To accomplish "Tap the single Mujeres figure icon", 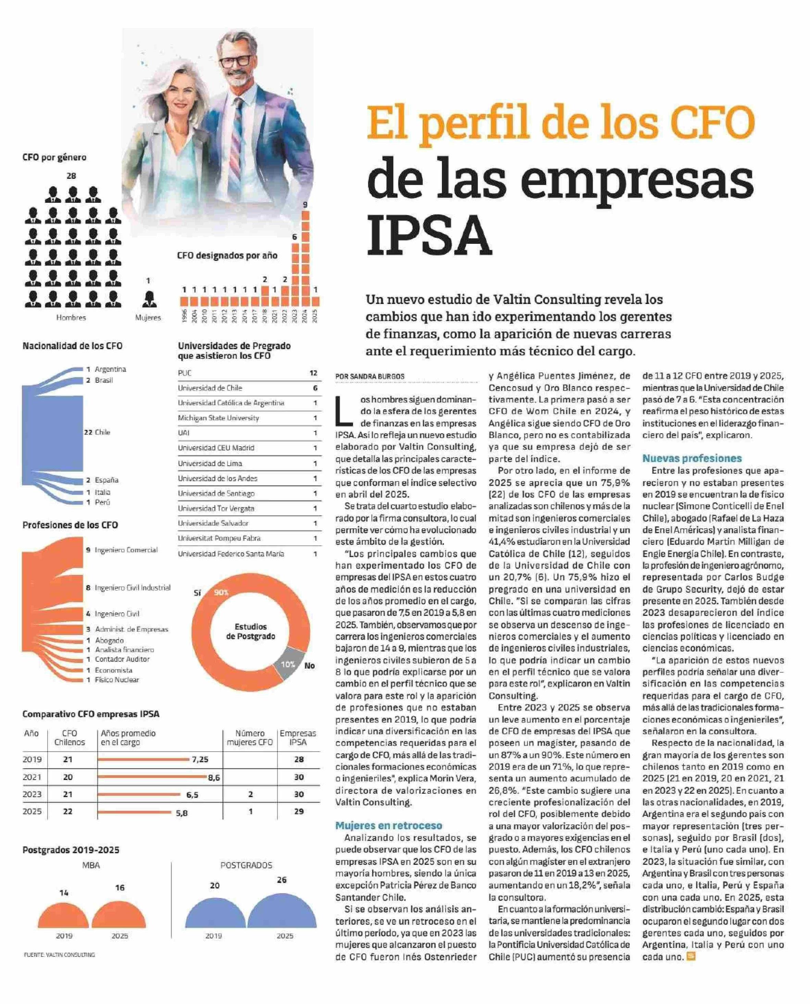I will [149, 299].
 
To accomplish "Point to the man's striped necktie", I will [238, 135].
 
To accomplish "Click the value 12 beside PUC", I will [313, 373].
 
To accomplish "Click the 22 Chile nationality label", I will [97, 432].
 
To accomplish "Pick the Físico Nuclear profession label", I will [117, 680].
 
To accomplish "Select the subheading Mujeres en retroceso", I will [389, 826].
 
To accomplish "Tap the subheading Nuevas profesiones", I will [692, 458].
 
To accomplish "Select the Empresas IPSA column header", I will [298, 738].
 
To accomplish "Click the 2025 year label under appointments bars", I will [315, 317].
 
